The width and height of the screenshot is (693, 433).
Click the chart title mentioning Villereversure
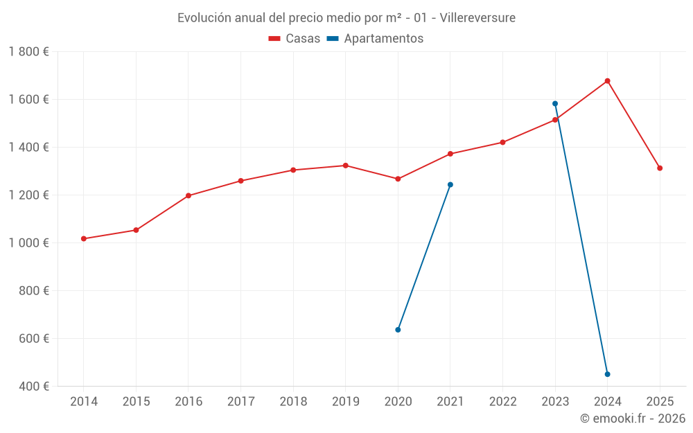point(346,17)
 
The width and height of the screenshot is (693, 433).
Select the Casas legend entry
point(295,39)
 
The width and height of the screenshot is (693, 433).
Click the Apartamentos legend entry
point(375,39)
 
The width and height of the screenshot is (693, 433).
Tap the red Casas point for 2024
point(607,81)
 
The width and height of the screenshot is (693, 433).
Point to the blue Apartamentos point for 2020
point(398,330)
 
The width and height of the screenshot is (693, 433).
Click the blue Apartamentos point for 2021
point(450,185)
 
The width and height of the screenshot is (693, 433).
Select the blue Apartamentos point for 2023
point(555,104)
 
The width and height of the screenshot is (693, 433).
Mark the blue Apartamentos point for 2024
point(607,374)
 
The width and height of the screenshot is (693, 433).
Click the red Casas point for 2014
point(84,239)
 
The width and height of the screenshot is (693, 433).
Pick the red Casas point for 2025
point(660,168)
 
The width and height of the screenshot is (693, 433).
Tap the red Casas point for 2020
point(398,179)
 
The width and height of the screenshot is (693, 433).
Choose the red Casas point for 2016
point(188,195)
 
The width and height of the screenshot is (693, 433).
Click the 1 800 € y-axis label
point(28,52)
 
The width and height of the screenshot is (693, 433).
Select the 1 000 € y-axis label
point(28,243)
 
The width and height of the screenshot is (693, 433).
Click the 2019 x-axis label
point(346,402)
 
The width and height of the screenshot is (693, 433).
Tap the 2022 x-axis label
point(502,402)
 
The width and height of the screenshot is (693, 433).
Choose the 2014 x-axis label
point(84,402)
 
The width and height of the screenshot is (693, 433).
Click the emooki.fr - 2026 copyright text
point(632,418)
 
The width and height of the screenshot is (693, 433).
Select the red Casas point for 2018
point(293,170)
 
